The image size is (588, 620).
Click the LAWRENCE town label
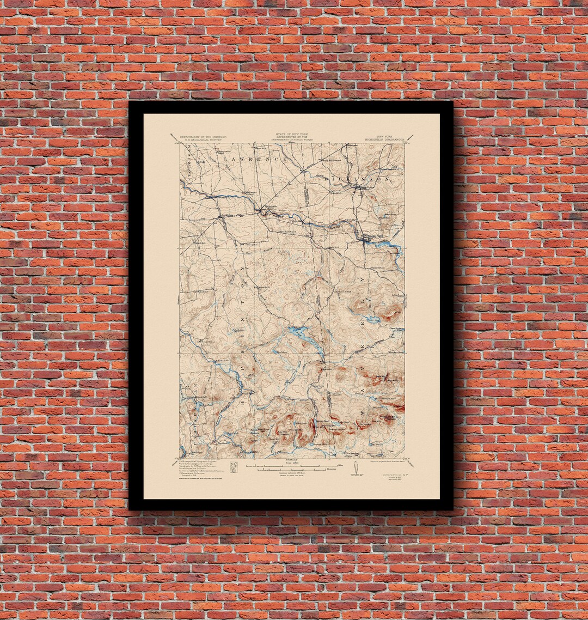pos(255,159)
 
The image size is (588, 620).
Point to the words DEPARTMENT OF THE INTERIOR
pos(203,136)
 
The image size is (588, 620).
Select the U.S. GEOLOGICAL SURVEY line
pos(203,140)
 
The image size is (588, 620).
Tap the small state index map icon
pos(234,467)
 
